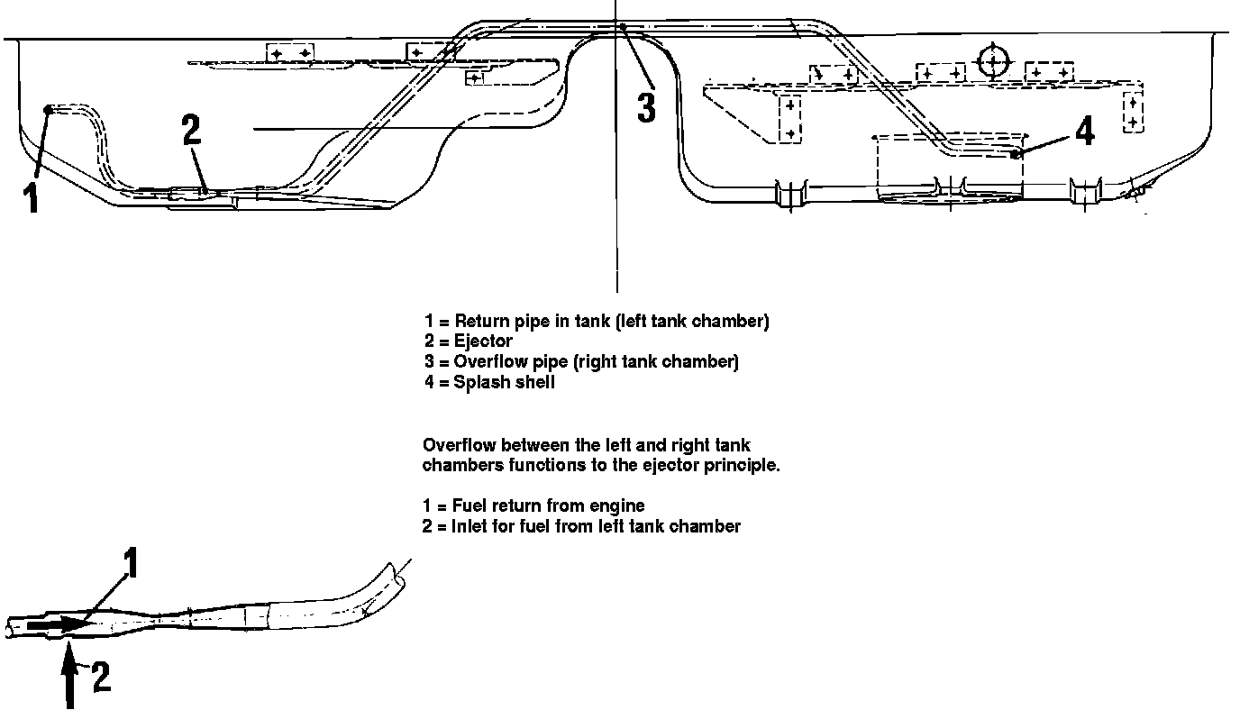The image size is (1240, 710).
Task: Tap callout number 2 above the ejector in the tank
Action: [x=191, y=131]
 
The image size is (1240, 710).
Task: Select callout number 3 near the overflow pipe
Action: [x=645, y=106]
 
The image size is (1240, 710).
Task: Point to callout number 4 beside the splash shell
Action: [x=1085, y=132]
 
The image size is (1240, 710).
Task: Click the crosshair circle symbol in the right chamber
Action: [x=992, y=60]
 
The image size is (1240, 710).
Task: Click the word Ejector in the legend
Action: [x=483, y=341]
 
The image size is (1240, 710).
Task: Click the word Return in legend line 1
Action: [x=479, y=321]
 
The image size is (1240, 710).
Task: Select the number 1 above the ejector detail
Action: [x=132, y=564]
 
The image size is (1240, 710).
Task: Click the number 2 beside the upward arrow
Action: [x=101, y=677]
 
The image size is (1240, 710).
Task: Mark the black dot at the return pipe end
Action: [x=49, y=109]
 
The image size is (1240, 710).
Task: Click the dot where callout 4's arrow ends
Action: [x=1016, y=154]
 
